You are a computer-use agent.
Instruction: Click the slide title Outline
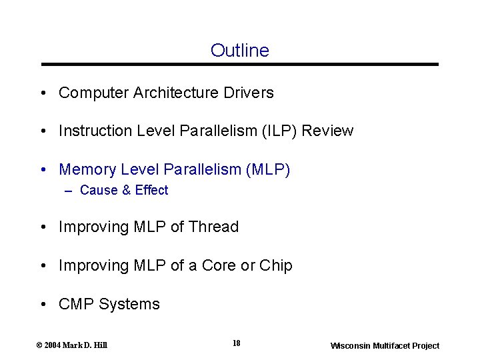click(x=239, y=51)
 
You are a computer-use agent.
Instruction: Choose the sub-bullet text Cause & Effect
click(x=124, y=191)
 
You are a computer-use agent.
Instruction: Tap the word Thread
click(x=213, y=227)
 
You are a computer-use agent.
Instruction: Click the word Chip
click(x=276, y=266)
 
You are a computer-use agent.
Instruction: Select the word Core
click(x=219, y=266)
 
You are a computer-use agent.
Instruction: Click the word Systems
click(x=129, y=305)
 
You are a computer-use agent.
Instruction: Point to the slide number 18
click(x=236, y=343)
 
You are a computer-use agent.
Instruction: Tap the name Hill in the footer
click(x=100, y=345)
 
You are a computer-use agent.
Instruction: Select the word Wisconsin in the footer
click(x=349, y=346)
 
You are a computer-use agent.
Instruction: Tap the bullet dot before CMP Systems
click(x=43, y=305)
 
